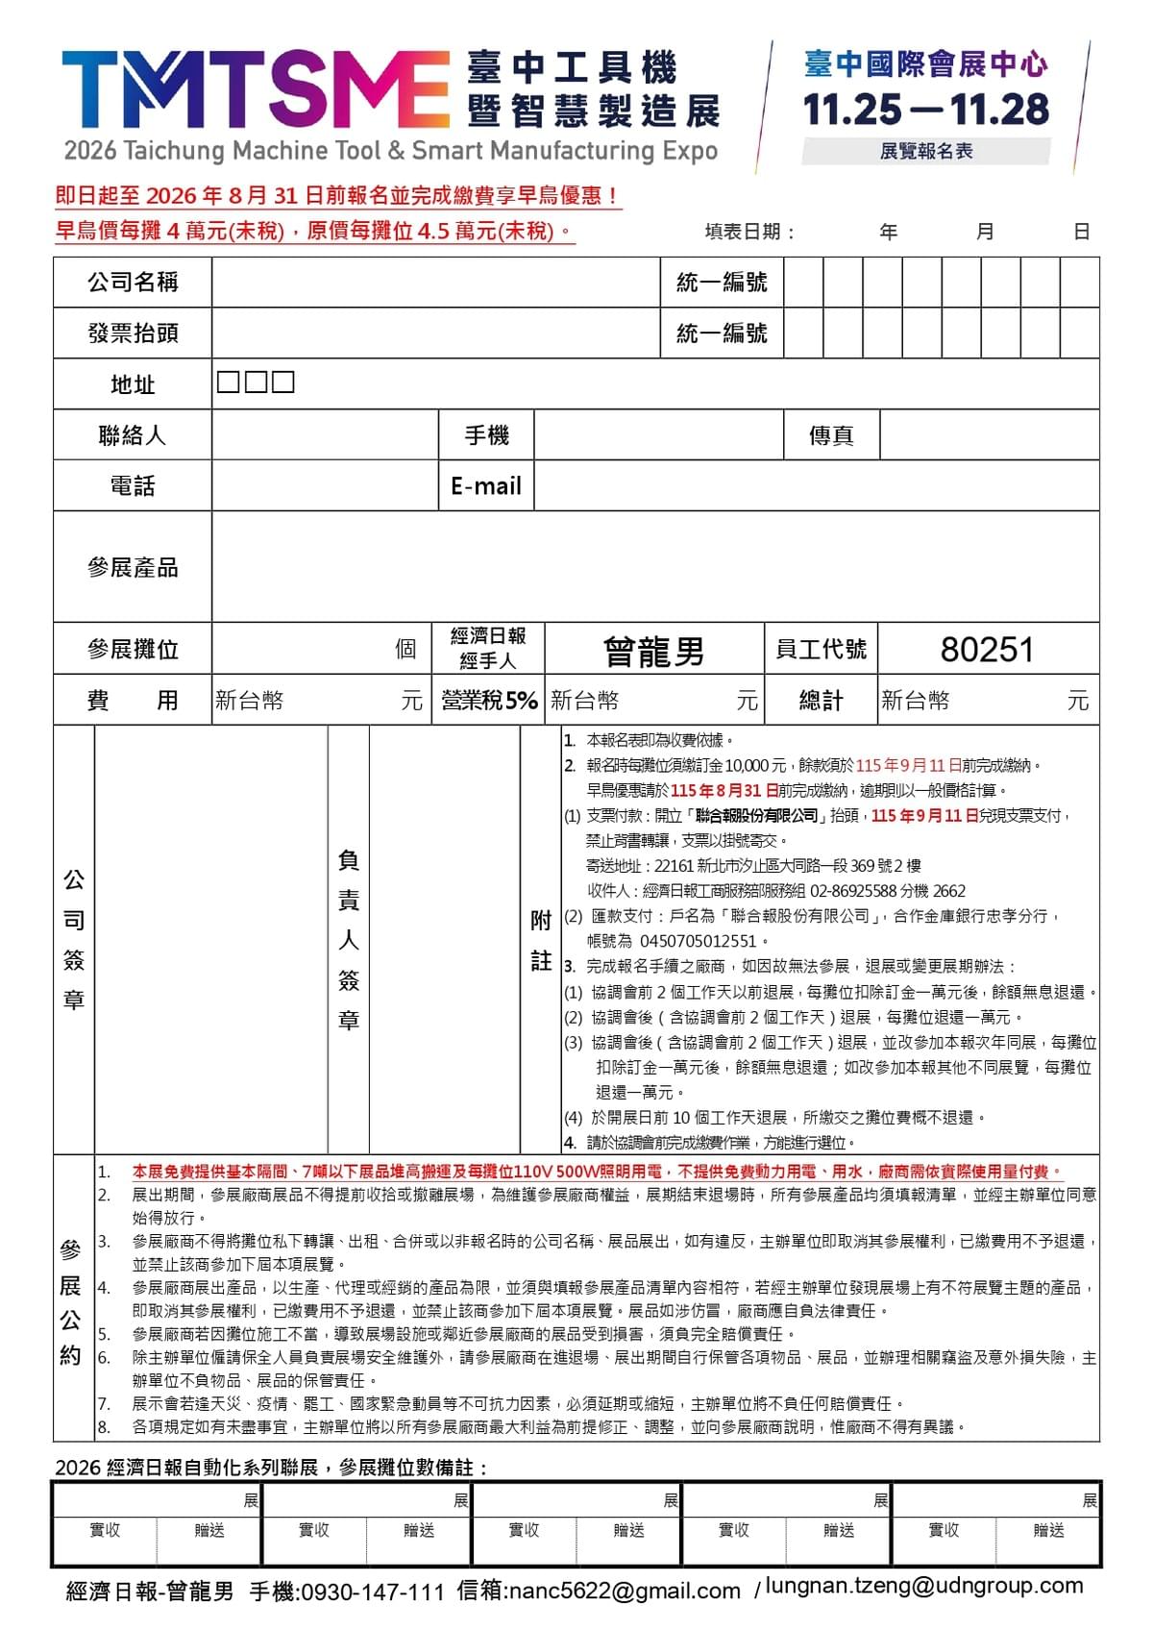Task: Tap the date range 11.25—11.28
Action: (x=925, y=110)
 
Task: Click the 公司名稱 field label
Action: (x=133, y=283)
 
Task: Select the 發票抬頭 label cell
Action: (x=133, y=334)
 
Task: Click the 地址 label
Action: (x=133, y=384)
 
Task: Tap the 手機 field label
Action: (x=486, y=435)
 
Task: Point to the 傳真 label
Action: (x=831, y=435)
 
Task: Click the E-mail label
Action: (x=486, y=486)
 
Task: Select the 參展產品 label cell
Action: (x=133, y=567)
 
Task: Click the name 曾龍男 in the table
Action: (x=653, y=651)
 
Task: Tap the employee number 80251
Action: (x=987, y=651)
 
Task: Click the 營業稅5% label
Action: (x=489, y=701)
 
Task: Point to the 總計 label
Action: (x=821, y=701)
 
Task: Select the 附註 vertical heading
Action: (x=541, y=940)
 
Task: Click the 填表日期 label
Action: (x=748, y=232)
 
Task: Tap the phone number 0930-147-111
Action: (x=373, y=1593)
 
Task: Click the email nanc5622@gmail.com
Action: (x=625, y=1592)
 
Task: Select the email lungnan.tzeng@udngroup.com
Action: (x=923, y=1586)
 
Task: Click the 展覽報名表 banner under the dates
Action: (x=925, y=151)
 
